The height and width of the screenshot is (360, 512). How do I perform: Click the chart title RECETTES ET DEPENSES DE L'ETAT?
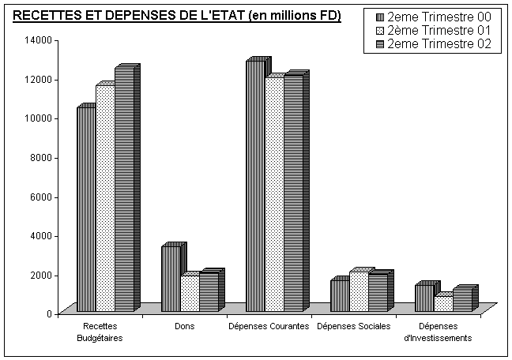pyautogui.click(x=178, y=17)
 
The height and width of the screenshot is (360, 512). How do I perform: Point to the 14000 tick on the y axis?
pyautogui.click(x=40, y=40)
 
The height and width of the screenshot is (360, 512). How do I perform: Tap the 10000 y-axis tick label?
pyautogui.click(x=40, y=118)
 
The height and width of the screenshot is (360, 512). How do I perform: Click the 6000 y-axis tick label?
pyautogui.click(x=42, y=197)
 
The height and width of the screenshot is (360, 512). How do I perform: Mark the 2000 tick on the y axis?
pyautogui.click(x=42, y=275)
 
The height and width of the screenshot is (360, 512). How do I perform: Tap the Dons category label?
pyautogui.click(x=184, y=325)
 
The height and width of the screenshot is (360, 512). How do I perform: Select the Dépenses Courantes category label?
pyautogui.click(x=268, y=325)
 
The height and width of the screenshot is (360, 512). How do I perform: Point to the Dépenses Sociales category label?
pyautogui.click(x=353, y=325)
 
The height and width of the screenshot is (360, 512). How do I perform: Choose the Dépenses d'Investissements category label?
pyautogui.click(x=438, y=332)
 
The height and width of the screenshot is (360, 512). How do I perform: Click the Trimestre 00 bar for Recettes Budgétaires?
pyautogui.click(x=85, y=209)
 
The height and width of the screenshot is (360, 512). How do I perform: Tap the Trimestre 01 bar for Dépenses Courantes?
pyautogui.click(x=274, y=194)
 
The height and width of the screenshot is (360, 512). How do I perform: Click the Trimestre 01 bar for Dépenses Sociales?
pyautogui.click(x=359, y=291)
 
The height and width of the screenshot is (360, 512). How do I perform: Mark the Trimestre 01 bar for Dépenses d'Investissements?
pyautogui.click(x=443, y=303)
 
